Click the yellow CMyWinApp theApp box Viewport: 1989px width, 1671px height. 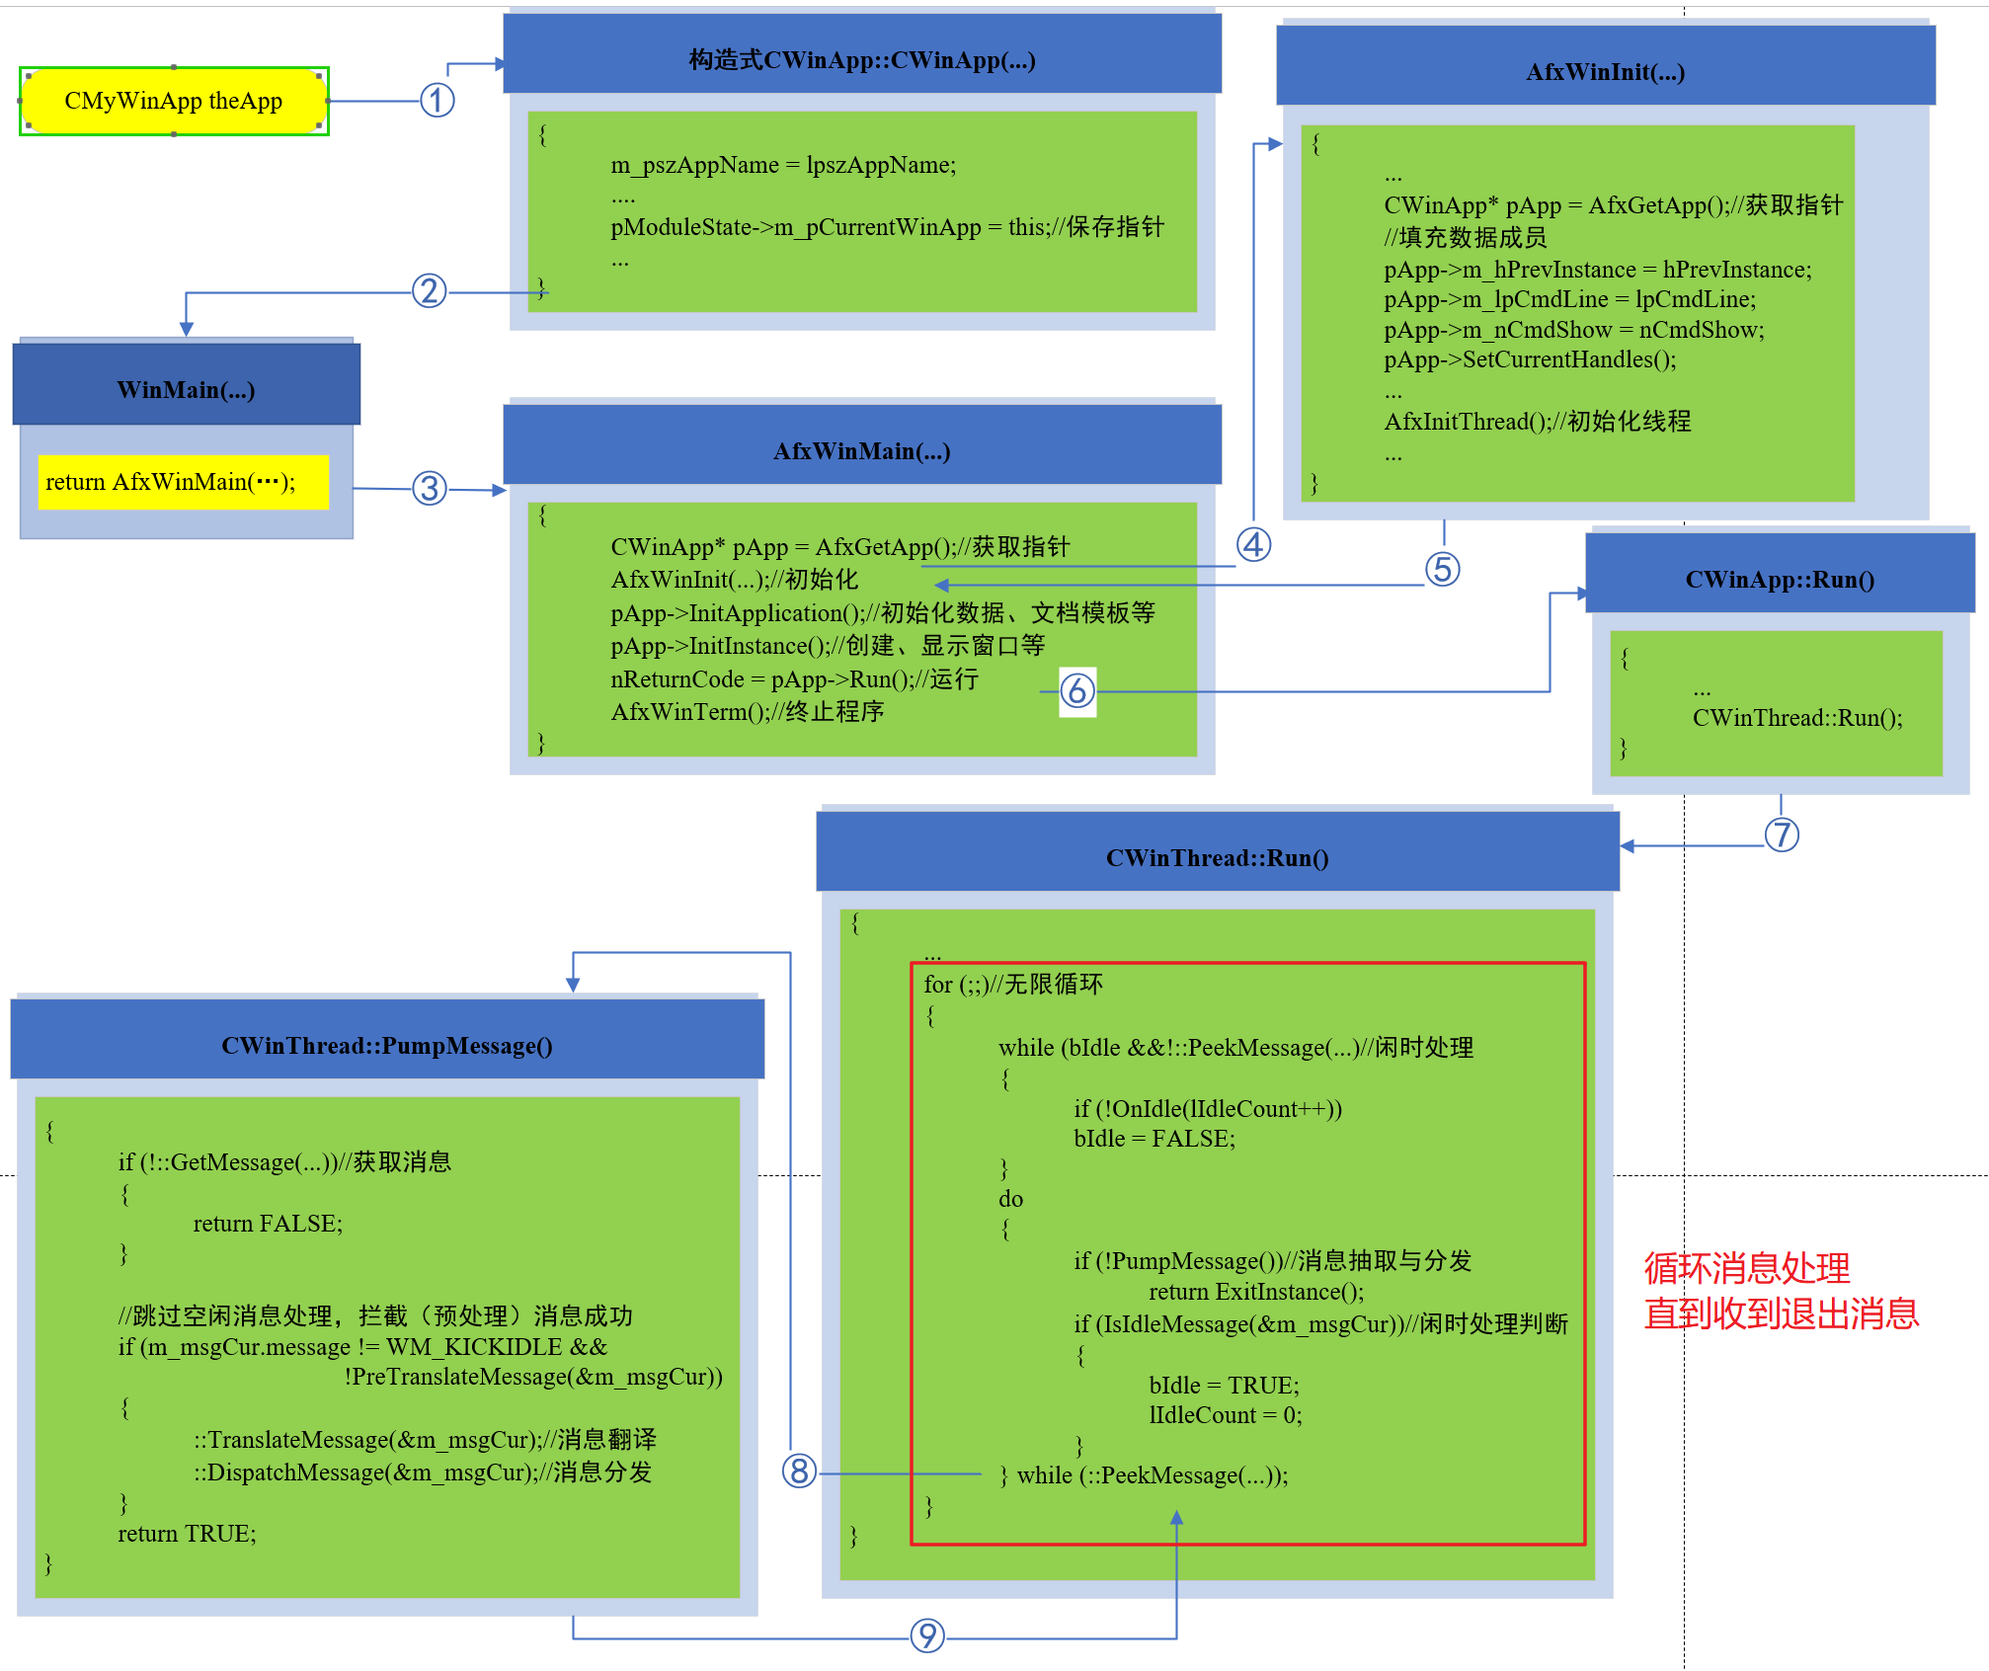pyautogui.click(x=174, y=101)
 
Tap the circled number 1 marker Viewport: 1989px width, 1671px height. pyautogui.click(x=437, y=100)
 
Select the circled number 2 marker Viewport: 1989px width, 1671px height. pyautogui.click(x=429, y=291)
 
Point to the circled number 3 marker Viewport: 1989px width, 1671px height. pyautogui.click(x=430, y=488)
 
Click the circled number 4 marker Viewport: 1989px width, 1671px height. pyautogui.click(x=1253, y=544)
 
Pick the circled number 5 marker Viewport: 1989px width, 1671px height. pyautogui.click(x=1442, y=569)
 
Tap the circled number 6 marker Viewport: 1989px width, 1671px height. pyautogui.click(x=1077, y=690)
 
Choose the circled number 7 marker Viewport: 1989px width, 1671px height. pyautogui.click(x=1782, y=835)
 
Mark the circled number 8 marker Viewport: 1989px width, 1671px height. pyautogui.click(x=799, y=1471)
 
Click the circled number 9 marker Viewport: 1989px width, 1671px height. pyautogui.click(x=926, y=1635)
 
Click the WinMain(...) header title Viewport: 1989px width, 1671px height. pyautogui.click(x=186, y=390)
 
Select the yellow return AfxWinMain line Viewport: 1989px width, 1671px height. pyautogui.click(x=171, y=482)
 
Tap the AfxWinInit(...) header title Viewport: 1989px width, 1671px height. pyautogui.click(x=1605, y=72)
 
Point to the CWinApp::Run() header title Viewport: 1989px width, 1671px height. pyautogui.click(x=1780, y=580)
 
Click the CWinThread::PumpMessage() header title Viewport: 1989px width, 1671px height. pyautogui.click(x=386, y=1046)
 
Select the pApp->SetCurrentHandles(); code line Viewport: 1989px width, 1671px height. pyautogui.click(x=1530, y=359)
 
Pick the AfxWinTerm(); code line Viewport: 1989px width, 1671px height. pyautogui.click(x=747, y=712)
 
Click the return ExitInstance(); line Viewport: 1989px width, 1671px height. pyautogui.click(x=1256, y=1292)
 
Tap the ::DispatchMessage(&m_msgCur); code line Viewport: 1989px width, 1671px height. pyautogui.click(x=423, y=1472)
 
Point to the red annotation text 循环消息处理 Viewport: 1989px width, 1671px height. pyautogui.click(x=1746, y=1268)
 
